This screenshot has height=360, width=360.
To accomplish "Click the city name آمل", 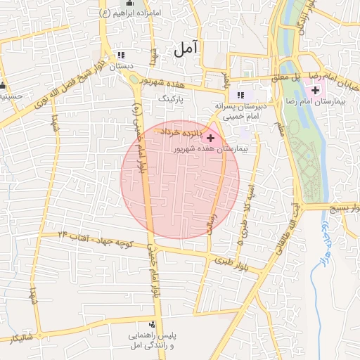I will (x=186, y=48).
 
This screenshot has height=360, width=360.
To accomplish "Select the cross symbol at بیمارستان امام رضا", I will (x=315, y=91).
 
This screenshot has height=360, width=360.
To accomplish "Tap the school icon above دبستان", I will (x=121, y=55).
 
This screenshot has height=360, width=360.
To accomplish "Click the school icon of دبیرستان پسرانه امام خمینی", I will (x=240, y=95).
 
